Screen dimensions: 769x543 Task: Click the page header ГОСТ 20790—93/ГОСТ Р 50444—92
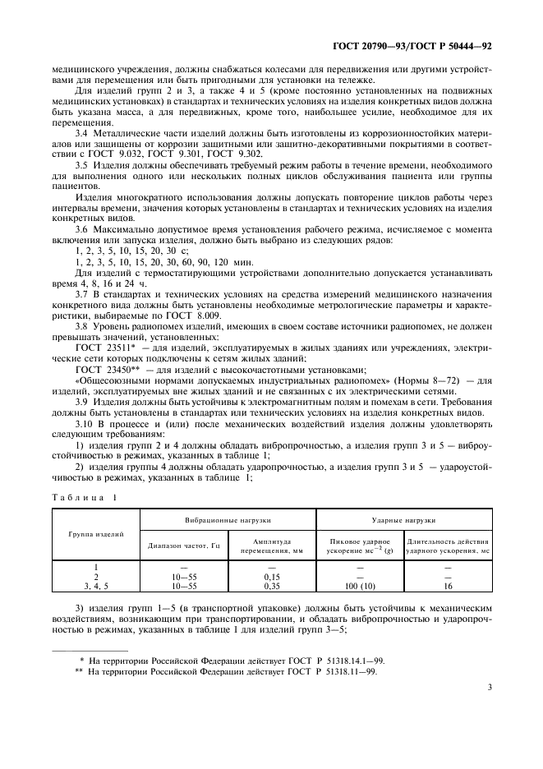[x=424, y=48]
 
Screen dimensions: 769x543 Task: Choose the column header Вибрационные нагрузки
[x=228, y=521]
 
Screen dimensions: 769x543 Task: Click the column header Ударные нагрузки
[x=405, y=521]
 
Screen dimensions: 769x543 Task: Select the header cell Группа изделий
[x=96, y=535]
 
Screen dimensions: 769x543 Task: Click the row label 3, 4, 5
[x=96, y=587]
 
